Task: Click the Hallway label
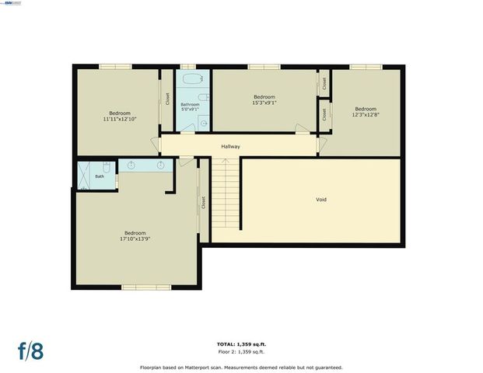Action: coord(230,146)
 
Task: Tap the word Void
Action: coord(321,200)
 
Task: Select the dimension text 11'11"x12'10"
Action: coord(120,119)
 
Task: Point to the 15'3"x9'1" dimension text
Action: coord(264,103)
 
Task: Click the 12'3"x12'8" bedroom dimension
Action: coord(366,114)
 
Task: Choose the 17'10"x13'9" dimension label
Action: coord(135,239)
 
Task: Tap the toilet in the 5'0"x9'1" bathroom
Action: coord(201,97)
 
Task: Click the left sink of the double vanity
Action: coord(131,166)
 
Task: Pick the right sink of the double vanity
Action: coord(161,166)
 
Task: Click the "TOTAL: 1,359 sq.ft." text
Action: coord(240,343)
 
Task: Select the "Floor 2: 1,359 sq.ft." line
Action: coord(240,351)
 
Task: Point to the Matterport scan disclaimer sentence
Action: coord(240,367)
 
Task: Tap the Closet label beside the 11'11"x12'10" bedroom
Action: coord(167,99)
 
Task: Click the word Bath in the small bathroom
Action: coord(100,176)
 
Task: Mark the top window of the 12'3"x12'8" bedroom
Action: coord(362,68)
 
